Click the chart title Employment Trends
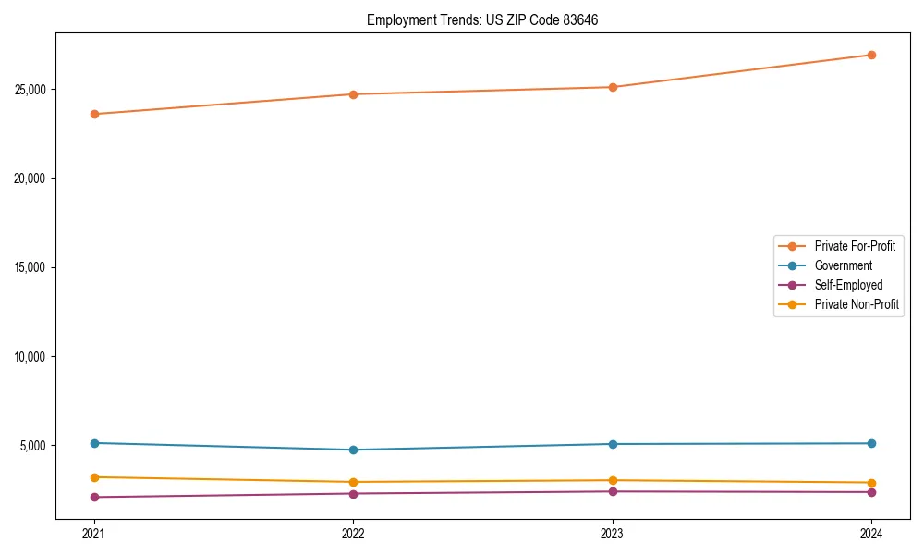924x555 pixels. [x=482, y=19]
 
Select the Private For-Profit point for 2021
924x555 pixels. [x=94, y=114]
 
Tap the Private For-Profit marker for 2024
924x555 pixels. [x=871, y=55]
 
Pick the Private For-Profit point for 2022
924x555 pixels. [x=353, y=94]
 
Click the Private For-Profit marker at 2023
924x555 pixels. [x=613, y=87]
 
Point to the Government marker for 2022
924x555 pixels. [x=353, y=450]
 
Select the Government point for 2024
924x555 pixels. [x=871, y=443]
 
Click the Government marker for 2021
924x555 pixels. [x=94, y=443]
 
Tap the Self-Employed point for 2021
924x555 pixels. [x=94, y=497]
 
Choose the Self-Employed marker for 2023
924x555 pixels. [x=613, y=491]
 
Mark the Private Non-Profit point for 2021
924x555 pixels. [x=94, y=477]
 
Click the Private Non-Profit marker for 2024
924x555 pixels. [x=871, y=483]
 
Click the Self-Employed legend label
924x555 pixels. [x=848, y=285]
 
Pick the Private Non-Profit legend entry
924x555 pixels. [x=857, y=304]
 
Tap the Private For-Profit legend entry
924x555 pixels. [x=855, y=246]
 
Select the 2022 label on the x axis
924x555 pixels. [x=353, y=533]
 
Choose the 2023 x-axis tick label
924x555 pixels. [x=613, y=533]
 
